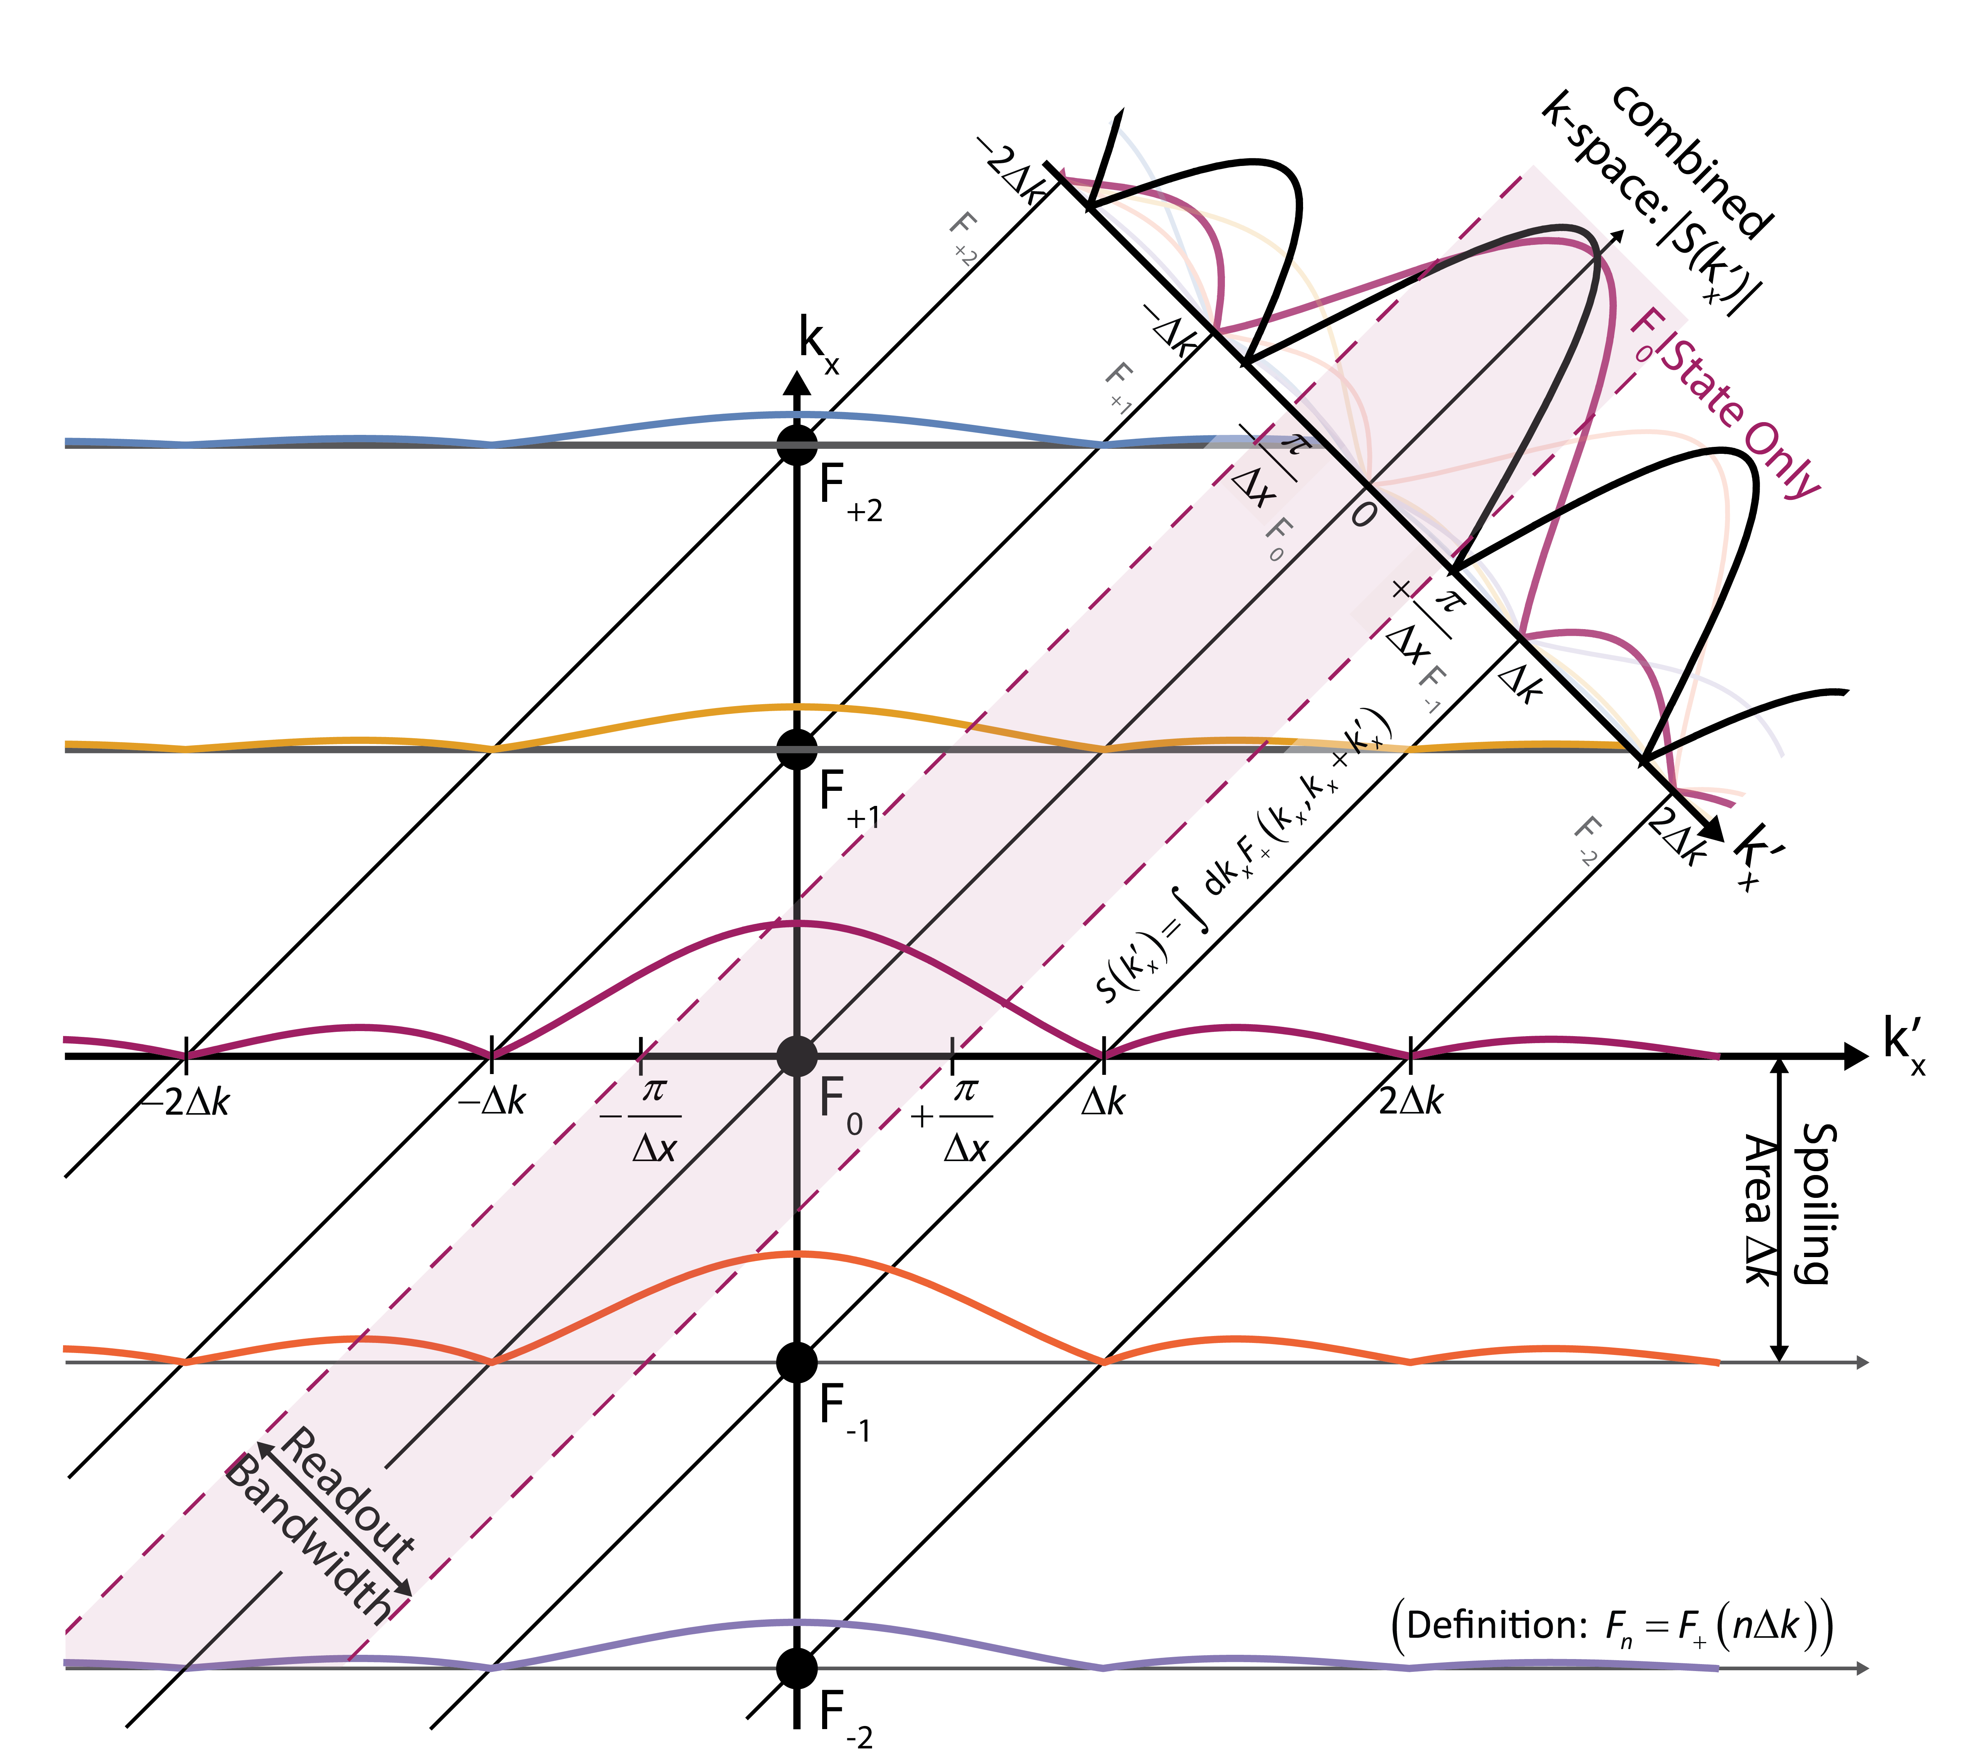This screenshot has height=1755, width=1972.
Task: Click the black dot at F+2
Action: [797, 445]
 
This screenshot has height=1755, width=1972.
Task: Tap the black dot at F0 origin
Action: [797, 1057]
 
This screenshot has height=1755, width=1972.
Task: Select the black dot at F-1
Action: [797, 1362]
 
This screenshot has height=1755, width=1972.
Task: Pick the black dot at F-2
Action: [797, 1667]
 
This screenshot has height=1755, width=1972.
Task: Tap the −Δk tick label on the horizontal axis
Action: [492, 1101]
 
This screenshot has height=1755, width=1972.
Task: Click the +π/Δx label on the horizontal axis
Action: [955, 1119]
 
